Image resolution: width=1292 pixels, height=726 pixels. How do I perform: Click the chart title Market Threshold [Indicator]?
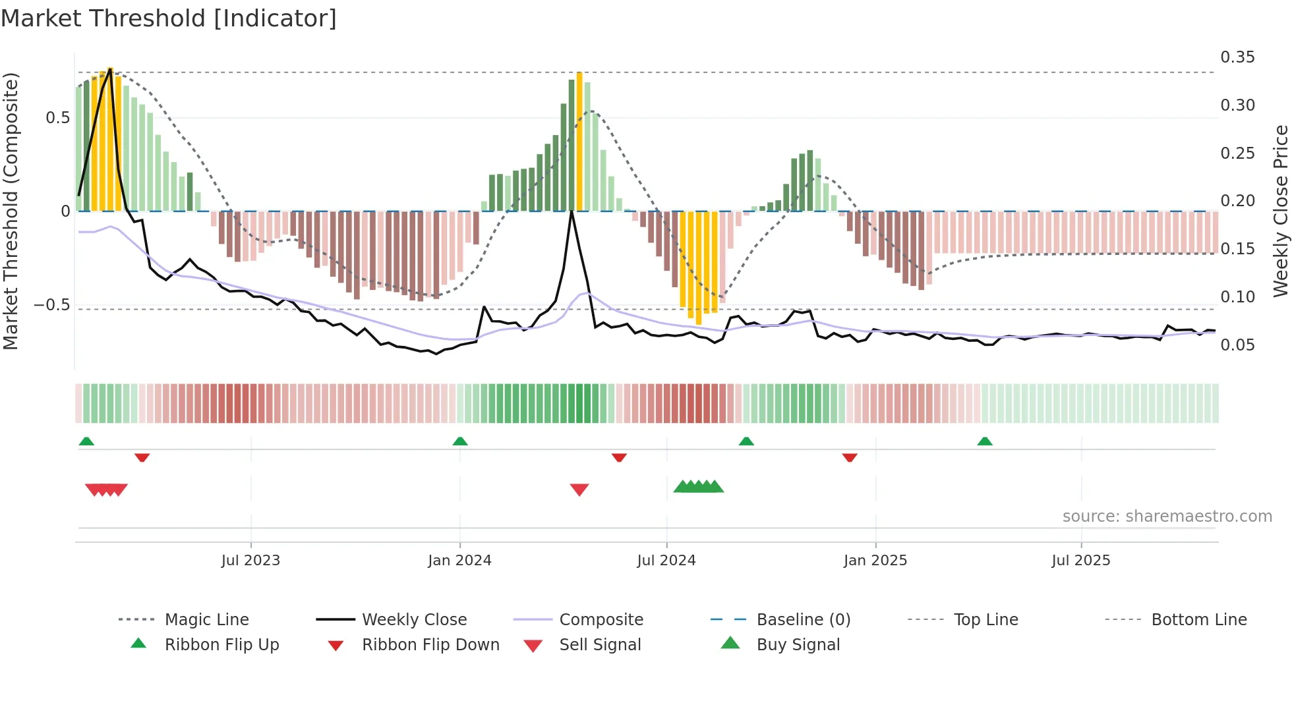coord(169,18)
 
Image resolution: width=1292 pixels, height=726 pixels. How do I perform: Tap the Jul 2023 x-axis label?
coord(250,560)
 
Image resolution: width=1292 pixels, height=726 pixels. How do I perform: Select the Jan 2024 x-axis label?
coord(459,560)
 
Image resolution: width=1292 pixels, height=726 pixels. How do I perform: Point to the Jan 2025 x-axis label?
coord(875,560)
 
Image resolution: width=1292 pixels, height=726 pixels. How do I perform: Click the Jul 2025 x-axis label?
coord(1080,560)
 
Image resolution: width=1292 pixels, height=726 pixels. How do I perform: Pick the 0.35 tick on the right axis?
coord(1237,57)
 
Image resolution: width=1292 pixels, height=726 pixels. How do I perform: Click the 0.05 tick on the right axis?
coord(1237,345)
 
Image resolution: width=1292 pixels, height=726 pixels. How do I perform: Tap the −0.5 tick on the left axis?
coord(51,305)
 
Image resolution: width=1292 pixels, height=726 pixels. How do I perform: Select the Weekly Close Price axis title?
coord(1280,211)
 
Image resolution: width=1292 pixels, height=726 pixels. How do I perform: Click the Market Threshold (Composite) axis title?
coord(11,211)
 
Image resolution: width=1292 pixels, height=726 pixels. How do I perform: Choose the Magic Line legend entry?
coord(206,619)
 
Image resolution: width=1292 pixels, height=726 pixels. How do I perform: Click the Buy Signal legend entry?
coord(798,644)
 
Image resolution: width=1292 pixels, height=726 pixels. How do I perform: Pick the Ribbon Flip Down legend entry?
coord(430,644)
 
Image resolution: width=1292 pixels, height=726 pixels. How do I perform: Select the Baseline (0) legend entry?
coord(803,619)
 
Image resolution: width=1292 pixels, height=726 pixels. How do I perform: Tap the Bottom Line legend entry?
coord(1198,619)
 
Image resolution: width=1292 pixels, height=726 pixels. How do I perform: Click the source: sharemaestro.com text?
coord(1167,516)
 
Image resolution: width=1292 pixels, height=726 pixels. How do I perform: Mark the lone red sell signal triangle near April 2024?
coord(579,489)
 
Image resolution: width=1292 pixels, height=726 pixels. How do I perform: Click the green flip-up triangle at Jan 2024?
coord(460,441)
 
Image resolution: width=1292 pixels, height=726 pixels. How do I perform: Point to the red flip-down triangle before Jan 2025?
coord(850,457)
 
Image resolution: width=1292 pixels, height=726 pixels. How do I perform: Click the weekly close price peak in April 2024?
coord(572,211)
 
